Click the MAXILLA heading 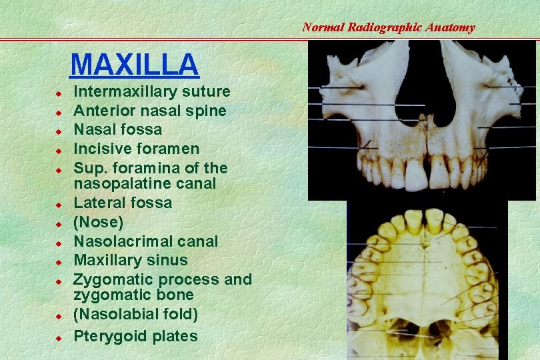134,65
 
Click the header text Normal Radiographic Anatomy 388,27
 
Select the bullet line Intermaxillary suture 151,91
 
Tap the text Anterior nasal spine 149,111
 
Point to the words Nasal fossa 117,129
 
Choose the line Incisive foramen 136,149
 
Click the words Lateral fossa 122,203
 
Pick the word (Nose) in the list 98,221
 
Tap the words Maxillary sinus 130,260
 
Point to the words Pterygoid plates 135,336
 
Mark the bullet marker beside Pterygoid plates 59,338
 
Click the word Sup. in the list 88,168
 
